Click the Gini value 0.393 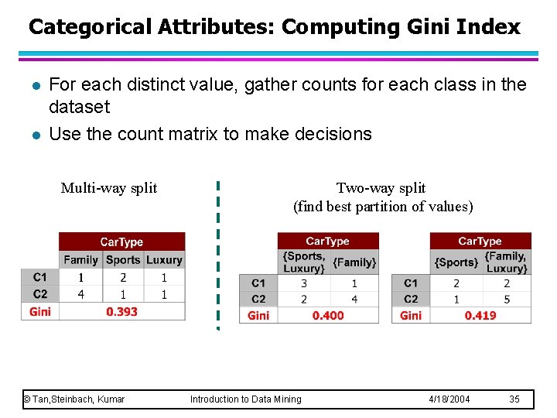point(122,312)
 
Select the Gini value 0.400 point(328,316)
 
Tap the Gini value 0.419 point(480,316)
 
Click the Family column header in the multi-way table point(80,260)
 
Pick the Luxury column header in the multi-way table point(164,260)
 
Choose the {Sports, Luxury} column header point(303,262)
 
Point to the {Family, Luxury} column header point(506,262)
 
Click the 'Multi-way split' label point(109,188)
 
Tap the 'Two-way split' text point(381,188)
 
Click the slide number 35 point(514,399)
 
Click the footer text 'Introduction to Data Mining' point(246,399)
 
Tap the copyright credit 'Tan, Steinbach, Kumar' point(78,399)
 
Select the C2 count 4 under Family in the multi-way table point(80,294)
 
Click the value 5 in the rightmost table point(506,299)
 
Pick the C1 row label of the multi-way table point(40,277)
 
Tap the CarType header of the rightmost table point(480,242)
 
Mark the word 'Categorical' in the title point(91,27)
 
